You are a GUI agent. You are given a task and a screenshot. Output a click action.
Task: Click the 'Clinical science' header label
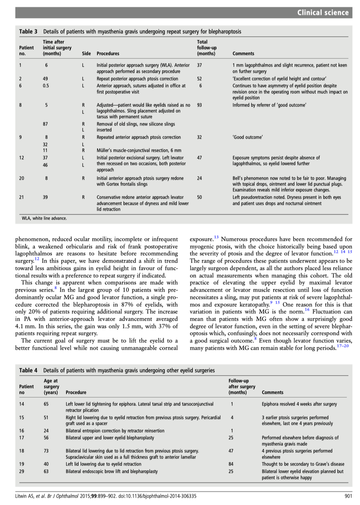pos(323,13)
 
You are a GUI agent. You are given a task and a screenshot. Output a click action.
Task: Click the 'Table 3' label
pos(28,32)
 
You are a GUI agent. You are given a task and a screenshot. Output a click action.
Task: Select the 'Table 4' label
pos(28,370)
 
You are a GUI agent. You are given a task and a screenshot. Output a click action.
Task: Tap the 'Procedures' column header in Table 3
pos(108,54)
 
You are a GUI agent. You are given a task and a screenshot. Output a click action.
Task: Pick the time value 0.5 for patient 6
pos(46,86)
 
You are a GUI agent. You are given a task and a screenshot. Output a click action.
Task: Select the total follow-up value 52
pos(199,79)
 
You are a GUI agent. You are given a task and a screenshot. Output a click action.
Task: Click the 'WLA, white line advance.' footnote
pos(44,218)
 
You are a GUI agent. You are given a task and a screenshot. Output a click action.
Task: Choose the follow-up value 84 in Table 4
pos(232,464)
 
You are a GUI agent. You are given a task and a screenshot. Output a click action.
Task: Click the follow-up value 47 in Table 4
pos(232,451)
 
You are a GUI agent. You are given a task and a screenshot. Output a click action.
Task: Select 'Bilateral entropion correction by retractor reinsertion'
pos(115,431)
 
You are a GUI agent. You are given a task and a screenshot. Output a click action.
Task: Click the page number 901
pos(348,495)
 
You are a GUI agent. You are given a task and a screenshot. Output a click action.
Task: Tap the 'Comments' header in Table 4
pos(273,392)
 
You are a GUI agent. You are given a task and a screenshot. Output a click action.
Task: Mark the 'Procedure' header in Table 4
pos(76,392)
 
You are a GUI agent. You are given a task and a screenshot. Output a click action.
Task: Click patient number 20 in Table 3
pos(22,179)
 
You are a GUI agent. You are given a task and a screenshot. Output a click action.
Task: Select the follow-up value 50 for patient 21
pos(199,197)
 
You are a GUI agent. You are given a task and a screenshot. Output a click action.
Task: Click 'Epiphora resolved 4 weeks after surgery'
pos(299,404)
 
